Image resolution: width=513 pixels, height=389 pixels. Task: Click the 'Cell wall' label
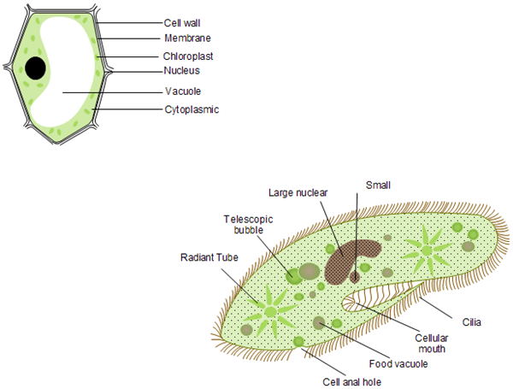[183, 23]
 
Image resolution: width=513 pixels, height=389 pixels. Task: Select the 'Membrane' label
[187, 38]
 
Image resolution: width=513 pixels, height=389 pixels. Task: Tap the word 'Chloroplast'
[190, 56]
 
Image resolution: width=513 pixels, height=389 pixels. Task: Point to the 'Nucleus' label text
[182, 71]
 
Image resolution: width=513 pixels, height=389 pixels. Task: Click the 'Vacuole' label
[183, 91]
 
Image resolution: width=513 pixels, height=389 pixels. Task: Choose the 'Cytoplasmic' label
[192, 109]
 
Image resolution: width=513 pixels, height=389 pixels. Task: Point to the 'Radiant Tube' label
[206, 256]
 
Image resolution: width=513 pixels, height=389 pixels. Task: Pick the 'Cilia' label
[472, 322]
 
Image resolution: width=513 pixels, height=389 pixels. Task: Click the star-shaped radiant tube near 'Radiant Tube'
[270, 310]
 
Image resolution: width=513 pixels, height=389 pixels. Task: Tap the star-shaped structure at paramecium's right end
[430, 247]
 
